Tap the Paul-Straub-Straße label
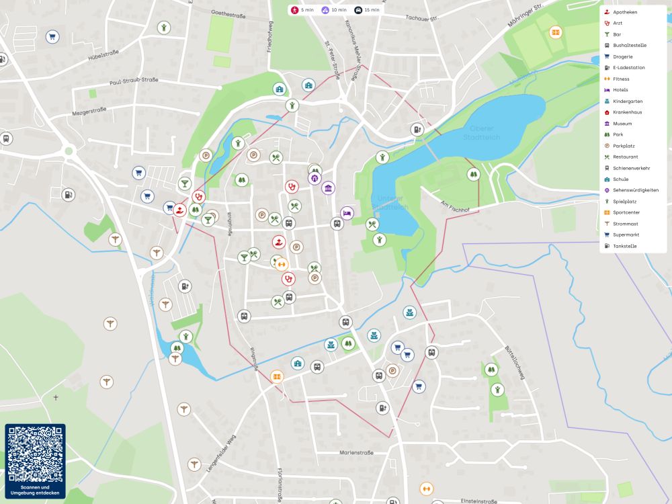click(134, 81)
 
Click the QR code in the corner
click(35, 454)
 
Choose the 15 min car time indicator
click(367, 10)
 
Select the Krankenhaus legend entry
click(627, 112)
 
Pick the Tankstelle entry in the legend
click(624, 246)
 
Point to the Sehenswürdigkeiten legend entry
click(635, 190)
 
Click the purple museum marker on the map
click(328, 187)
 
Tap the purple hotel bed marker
click(347, 212)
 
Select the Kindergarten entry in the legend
click(628, 101)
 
